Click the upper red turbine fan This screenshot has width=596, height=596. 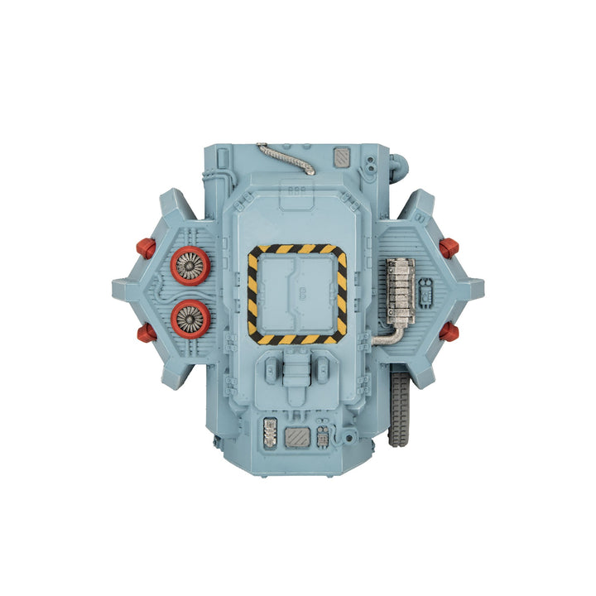coord(191,266)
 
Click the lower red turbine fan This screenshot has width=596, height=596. coord(191,317)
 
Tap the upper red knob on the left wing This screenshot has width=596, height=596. coord(146,248)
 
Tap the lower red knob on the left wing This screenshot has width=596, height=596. coord(146,333)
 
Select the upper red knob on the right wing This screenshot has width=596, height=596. coord(449,248)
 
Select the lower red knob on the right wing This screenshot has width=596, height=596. coord(449,332)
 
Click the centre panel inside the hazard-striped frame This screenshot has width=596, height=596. coord(297,294)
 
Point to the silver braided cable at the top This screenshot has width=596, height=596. coord(286,158)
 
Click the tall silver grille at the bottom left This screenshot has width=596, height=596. coord(269,433)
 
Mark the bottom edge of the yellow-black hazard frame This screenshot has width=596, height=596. coord(297,339)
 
